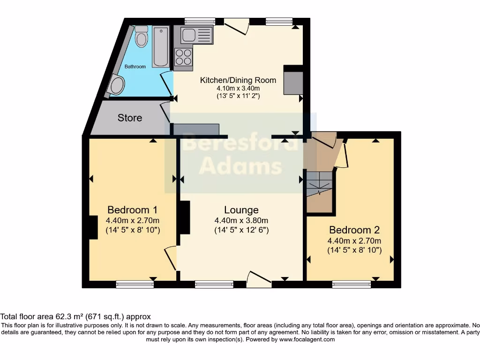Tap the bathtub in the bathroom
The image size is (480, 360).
[x=161, y=47]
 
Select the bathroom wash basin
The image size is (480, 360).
[x=117, y=86]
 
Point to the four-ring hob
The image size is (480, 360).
[x=183, y=57]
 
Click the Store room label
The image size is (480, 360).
[x=130, y=118]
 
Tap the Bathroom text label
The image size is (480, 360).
[x=135, y=67]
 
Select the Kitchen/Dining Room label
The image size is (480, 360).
[x=238, y=80]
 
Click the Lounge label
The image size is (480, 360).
[x=241, y=210]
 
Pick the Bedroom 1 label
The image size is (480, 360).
[x=132, y=210]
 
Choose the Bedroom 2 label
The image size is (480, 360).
[x=354, y=230]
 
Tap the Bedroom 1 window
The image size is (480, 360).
[x=135, y=283]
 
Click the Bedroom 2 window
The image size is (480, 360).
[x=352, y=283]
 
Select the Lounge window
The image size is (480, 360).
[x=214, y=283]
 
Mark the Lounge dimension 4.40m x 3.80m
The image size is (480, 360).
[x=241, y=221]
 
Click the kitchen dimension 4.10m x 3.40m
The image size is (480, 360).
[x=238, y=88]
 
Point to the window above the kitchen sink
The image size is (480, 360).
[x=200, y=21]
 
